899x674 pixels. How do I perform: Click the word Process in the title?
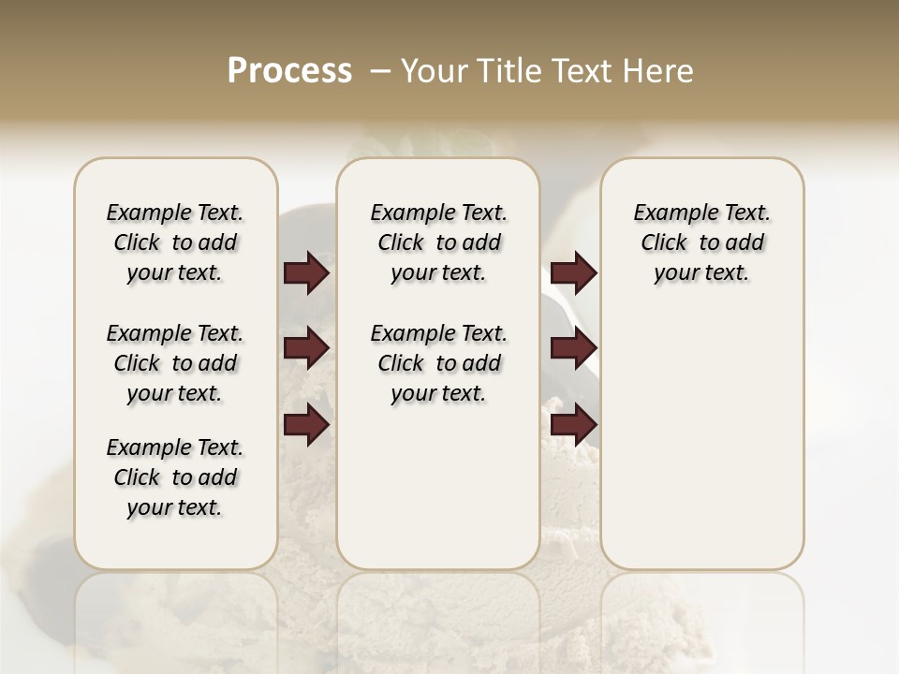click(289, 71)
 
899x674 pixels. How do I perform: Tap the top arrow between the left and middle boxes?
click(306, 273)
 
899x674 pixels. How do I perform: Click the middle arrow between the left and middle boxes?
click(306, 348)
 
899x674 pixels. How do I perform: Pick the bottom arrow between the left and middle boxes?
click(306, 425)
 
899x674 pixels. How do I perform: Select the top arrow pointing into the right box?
click(573, 273)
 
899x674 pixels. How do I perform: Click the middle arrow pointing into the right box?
click(573, 348)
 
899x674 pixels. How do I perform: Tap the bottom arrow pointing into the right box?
click(573, 425)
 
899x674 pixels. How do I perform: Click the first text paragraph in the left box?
click(175, 242)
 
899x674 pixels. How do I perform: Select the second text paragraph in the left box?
click(175, 363)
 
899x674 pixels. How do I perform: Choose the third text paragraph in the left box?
click(175, 477)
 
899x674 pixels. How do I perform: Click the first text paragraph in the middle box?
click(438, 242)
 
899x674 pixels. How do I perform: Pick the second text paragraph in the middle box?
click(438, 363)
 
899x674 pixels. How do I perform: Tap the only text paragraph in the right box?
click(701, 242)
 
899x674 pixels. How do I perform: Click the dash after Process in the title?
click(380, 71)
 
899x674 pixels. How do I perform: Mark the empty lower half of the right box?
click(701, 449)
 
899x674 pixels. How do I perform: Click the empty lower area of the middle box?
click(438, 487)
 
